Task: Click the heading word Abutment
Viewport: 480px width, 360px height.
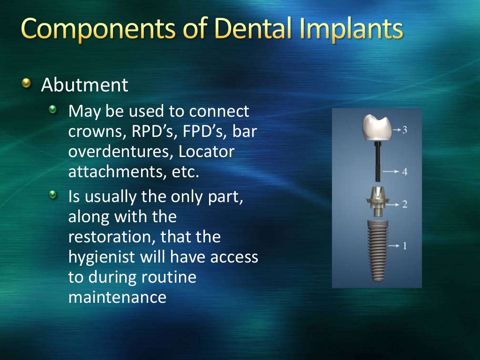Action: click(84, 85)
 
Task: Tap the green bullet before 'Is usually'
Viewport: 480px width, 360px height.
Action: click(54, 194)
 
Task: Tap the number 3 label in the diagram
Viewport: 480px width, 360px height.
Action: click(404, 129)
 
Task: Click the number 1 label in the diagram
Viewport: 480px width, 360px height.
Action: click(404, 245)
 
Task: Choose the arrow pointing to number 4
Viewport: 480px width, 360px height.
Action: click(390, 172)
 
